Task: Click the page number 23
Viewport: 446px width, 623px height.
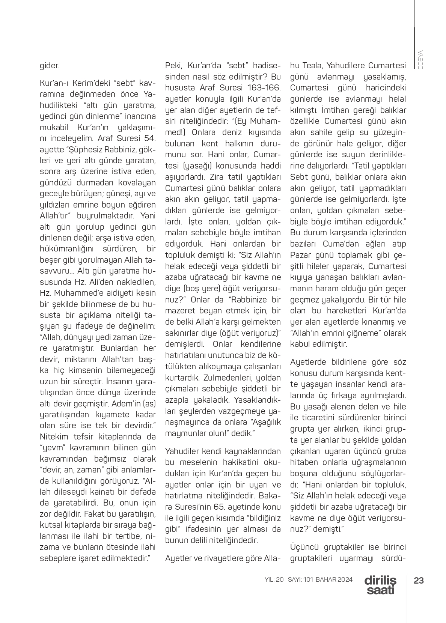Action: [419, 581]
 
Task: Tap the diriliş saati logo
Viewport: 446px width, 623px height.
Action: [380, 585]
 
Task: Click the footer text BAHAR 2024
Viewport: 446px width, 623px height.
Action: [334, 579]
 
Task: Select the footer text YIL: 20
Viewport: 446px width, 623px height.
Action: [274, 579]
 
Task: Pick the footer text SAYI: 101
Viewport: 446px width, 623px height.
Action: [300, 579]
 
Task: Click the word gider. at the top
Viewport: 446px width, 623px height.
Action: [50, 66]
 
